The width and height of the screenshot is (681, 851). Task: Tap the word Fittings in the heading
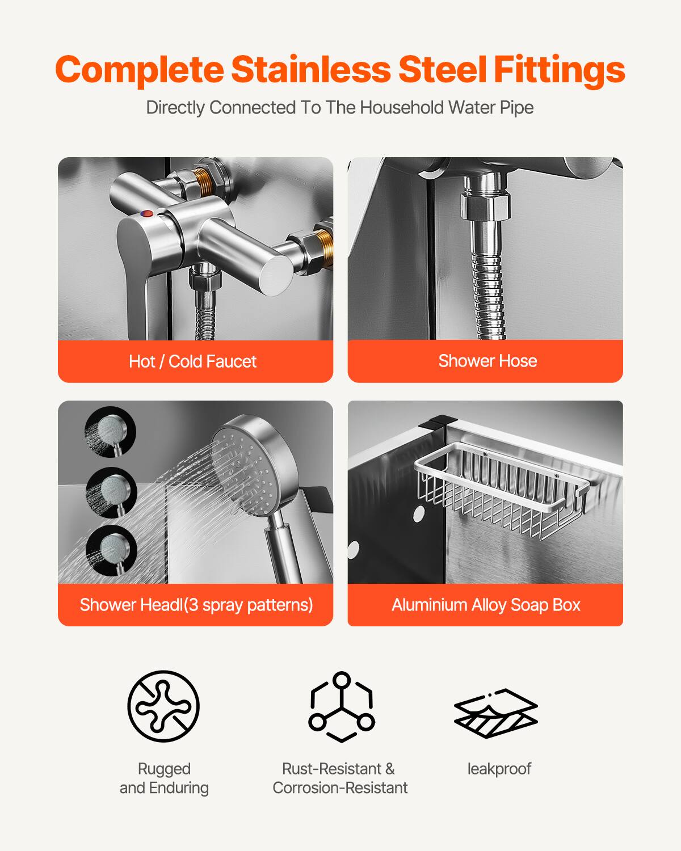click(x=559, y=69)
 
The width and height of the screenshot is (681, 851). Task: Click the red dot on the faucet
click(x=146, y=214)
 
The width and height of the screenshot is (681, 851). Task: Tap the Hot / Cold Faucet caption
click(x=192, y=361)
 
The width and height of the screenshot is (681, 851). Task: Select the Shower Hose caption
click(x=487, y=361)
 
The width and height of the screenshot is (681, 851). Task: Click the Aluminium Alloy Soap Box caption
click(x=486, y=605)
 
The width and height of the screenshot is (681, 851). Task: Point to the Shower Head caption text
click(x=196, y=605)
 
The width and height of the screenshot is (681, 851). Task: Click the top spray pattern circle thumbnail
click(x=111, y=432)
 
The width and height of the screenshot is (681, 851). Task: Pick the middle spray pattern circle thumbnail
click(x=111, y=492)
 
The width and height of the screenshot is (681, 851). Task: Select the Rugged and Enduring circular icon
click(x=163, y=706)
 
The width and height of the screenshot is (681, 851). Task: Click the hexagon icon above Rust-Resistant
click(x=341, y=706)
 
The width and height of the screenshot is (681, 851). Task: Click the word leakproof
click(x=499, y=769)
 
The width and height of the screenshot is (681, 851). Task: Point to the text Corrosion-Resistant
click(x=340, y=788)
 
